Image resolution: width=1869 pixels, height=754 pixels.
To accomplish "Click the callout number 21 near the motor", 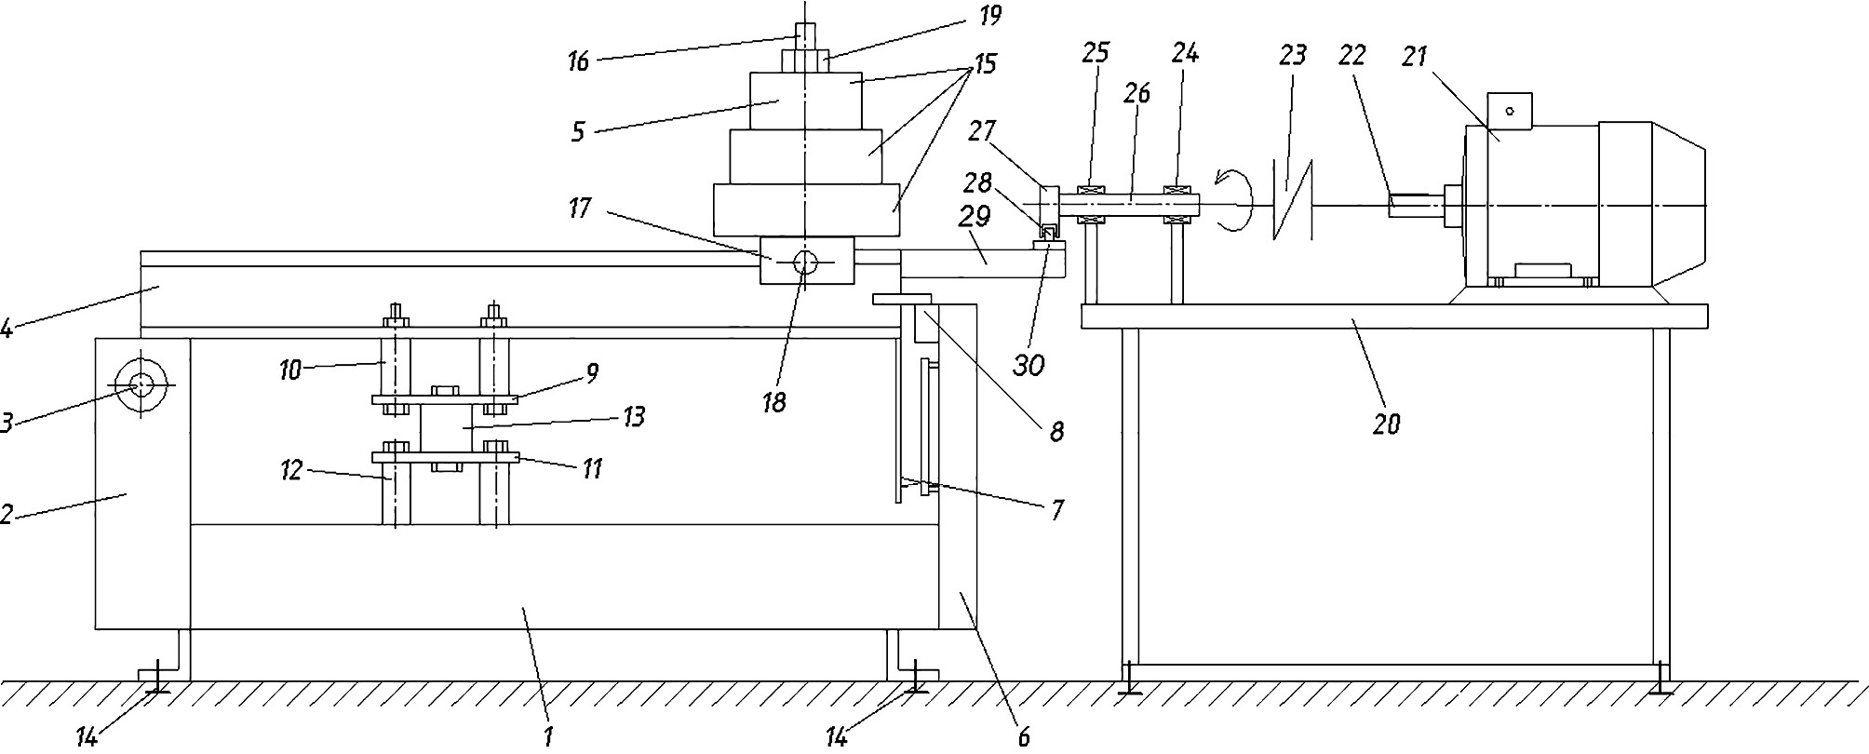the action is [x=1414, y=57].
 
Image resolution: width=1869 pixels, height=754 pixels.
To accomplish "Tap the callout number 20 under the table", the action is [x=1387, y=424].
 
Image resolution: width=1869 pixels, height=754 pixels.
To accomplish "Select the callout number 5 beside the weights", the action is [x=578, y=131].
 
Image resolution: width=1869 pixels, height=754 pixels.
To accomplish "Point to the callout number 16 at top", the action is [x=578, y=62].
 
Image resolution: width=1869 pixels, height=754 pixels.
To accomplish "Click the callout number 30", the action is [x=1029, y=366].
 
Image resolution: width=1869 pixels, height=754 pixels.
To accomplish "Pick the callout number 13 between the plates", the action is [x=634, y=416].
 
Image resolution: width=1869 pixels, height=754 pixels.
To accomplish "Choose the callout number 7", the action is [x=1057, y=510].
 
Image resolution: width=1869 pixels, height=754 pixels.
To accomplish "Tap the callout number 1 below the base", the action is [x=549, y=737].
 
